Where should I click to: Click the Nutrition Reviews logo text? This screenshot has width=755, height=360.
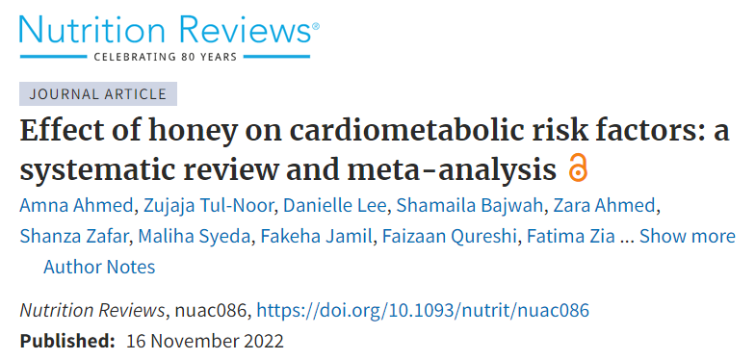(x=166, y=30)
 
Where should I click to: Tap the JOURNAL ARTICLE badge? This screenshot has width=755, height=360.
(x=98, y=94)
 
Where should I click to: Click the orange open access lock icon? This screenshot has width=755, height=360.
(x=578, y=167)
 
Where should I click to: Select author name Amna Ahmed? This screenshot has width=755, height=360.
(x=76, y=206)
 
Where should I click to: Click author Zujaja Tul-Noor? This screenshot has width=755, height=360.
(x=208, y=206)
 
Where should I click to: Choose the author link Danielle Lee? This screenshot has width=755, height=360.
(x=335, y=206)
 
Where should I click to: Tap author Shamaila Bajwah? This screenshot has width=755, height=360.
(x=470, y=206)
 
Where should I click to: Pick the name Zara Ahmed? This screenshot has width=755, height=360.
(x=604, y=206)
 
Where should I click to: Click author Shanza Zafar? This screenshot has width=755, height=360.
(x=75, y=237)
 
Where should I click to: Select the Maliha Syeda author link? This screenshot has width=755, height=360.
(x=195, y=237)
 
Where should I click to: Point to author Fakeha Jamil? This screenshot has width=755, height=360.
(x=317, y=237)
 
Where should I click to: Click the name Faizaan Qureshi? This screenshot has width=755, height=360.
(x=449, y=237)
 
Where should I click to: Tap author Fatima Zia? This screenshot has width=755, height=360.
(x=570, y=237)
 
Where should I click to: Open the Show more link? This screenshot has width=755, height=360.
(x=688, y=237)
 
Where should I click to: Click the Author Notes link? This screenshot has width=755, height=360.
(x=99, y=267)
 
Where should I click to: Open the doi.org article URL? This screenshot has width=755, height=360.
(x=423, y=310)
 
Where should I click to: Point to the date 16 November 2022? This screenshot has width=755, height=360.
(x=205, y=341)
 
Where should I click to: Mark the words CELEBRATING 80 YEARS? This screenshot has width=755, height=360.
(x=166, y=57)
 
